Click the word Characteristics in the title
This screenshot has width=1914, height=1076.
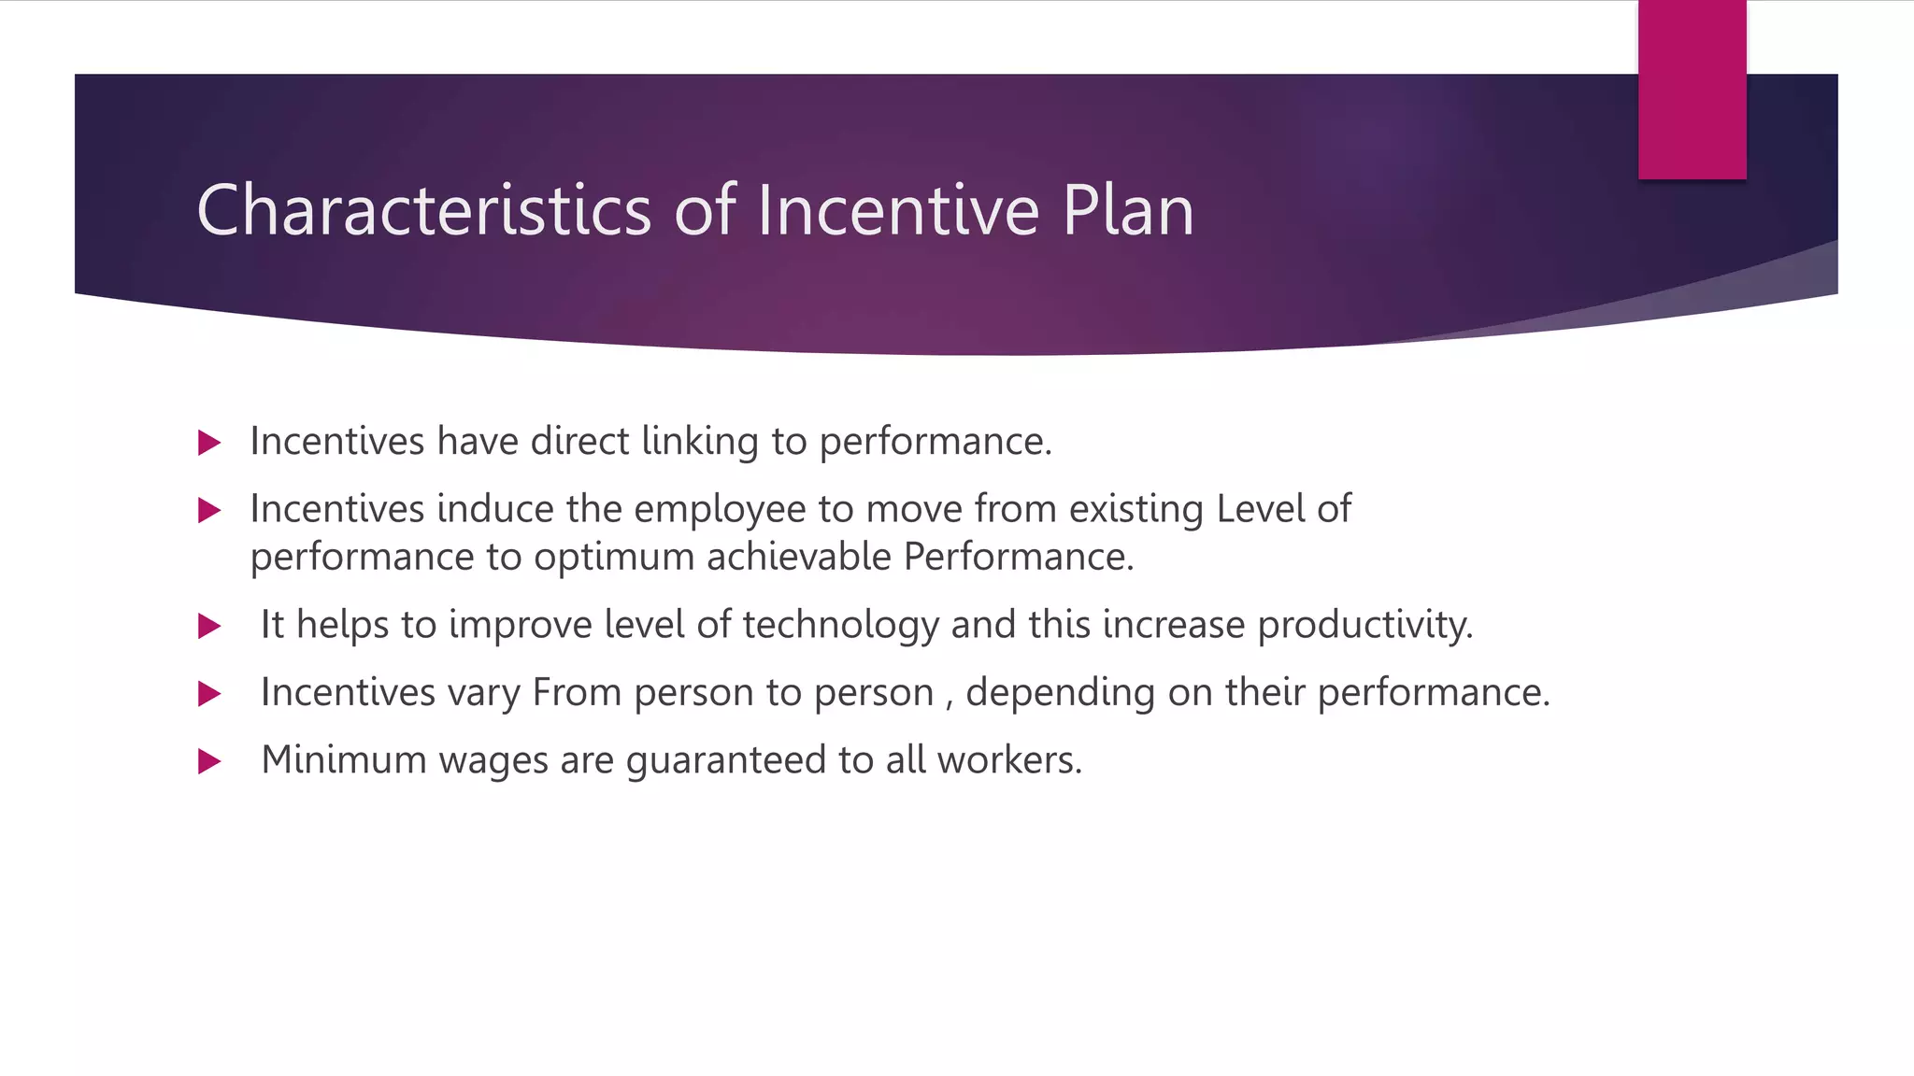click(x=423, y=210)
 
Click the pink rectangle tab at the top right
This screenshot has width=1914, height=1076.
click(x=1692, y=90)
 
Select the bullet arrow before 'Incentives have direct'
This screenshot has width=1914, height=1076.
click(x=209, y=443)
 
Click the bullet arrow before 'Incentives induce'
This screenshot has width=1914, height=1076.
click(x=209, y=510)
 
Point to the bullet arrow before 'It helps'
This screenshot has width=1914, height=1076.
click(x=209, y=626)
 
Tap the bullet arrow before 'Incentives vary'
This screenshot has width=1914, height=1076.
click(x=209, y=694)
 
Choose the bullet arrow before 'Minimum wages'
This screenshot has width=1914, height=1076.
click(x=209, y=761)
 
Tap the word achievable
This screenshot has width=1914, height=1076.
click(x=799, y=558)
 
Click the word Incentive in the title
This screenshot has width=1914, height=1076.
click(x=898, y=210)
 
